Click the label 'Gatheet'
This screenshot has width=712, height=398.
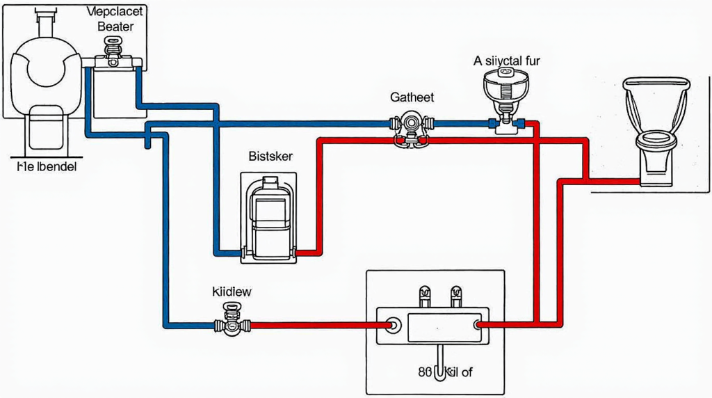coord(412,97)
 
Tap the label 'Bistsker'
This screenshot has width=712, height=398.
coord(270,157)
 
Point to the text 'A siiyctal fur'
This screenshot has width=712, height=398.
coord(506,61)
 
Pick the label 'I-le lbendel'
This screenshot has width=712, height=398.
coord(47,167)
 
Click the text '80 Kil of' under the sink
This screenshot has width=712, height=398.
coord(445,372)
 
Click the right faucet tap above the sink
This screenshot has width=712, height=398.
coord(457,296)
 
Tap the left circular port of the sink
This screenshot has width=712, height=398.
coord(393,325)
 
